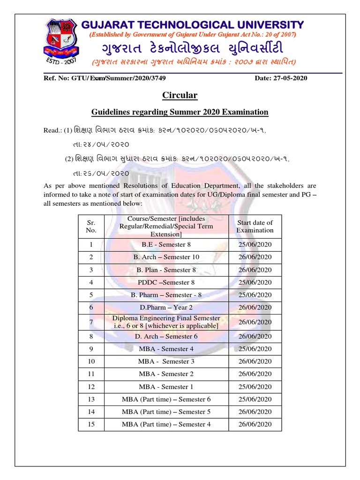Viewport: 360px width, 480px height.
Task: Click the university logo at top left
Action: point(61,42)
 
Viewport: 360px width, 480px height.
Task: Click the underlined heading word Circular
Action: point(180,96)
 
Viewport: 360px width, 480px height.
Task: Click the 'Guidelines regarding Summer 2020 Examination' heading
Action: point(180,112)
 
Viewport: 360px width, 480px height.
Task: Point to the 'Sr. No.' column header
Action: point(91,226)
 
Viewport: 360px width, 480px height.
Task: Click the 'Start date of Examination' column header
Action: point(255,226)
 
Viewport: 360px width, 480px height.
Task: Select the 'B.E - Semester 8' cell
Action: point(166,245)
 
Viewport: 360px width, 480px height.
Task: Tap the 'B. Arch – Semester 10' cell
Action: point(166,257)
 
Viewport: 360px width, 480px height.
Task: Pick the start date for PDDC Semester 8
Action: point(255,283)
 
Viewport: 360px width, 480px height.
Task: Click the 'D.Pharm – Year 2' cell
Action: point(166,307)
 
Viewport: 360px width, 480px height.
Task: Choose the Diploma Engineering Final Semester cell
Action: point(166,322)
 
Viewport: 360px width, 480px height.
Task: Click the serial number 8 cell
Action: point(91,337)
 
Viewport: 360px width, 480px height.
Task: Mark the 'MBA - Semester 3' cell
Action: point(166,361)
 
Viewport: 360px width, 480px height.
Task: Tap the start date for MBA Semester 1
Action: point(255,387)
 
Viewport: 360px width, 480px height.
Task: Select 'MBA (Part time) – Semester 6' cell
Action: point(166,399)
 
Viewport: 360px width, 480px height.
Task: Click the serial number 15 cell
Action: point(91,425)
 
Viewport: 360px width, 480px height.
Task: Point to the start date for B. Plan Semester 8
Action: point(255,270)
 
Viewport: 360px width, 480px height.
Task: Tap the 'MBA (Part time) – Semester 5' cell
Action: point(166,412)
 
